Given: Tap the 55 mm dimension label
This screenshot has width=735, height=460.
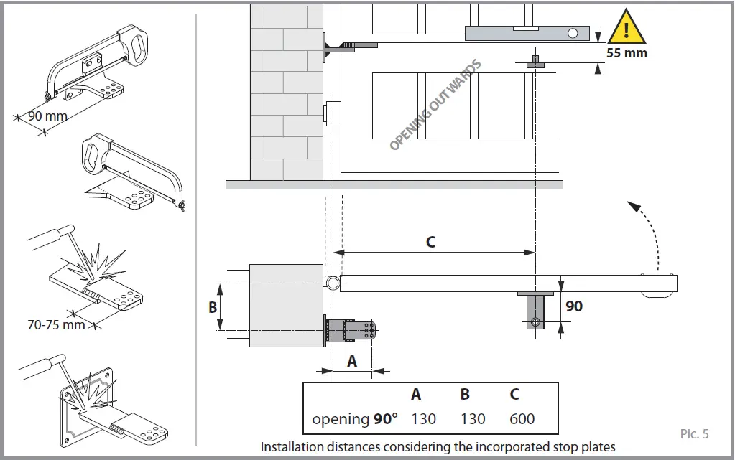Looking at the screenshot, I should pos(627,53).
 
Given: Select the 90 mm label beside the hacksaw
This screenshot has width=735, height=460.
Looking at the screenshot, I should pos(47,116).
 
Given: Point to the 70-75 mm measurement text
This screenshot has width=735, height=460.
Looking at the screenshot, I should pos(56,324).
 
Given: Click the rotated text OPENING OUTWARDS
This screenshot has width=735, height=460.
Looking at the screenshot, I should pos(435,105).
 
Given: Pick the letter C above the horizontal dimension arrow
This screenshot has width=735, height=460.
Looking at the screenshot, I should pos(430,242).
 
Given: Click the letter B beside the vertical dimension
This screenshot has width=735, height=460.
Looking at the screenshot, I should pos(213,306).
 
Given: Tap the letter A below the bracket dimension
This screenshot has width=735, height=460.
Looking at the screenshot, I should pos(352,362).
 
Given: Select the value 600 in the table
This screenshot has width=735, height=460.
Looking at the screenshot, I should pos(522,419).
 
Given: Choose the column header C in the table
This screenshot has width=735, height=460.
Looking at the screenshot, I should pos(514,395).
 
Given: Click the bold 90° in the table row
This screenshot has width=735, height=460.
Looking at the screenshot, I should pos(385,419).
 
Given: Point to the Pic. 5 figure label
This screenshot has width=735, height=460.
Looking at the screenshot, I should pos(694,433).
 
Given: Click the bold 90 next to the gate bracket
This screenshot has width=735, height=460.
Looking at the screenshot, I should pos(574,306).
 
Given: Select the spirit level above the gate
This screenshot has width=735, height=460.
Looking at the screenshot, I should pos(526,33).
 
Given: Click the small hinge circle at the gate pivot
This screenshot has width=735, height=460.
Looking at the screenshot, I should pos(332,283).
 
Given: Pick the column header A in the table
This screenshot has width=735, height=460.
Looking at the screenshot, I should pos(416,395).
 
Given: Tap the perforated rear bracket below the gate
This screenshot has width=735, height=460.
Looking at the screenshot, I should pos(352,332).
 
